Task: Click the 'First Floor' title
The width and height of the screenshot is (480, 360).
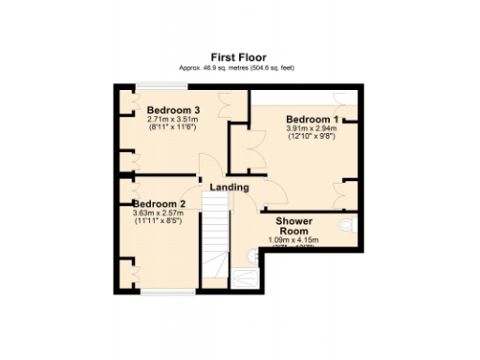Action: (239, 56)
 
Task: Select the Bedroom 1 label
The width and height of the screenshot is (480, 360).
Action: (312, 119)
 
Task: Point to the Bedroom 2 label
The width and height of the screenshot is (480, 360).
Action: (158, 203)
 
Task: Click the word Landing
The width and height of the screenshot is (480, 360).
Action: (229, 187)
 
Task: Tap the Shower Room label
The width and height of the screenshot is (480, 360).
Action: (293, 226)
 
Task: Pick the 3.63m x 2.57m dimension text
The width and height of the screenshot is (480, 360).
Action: (158, 213)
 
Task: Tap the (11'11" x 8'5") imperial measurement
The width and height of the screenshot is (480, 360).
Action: (158, 221)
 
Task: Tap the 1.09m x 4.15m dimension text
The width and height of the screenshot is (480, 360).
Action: (293, 240)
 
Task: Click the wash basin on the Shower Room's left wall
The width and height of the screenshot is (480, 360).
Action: (251, 255)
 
